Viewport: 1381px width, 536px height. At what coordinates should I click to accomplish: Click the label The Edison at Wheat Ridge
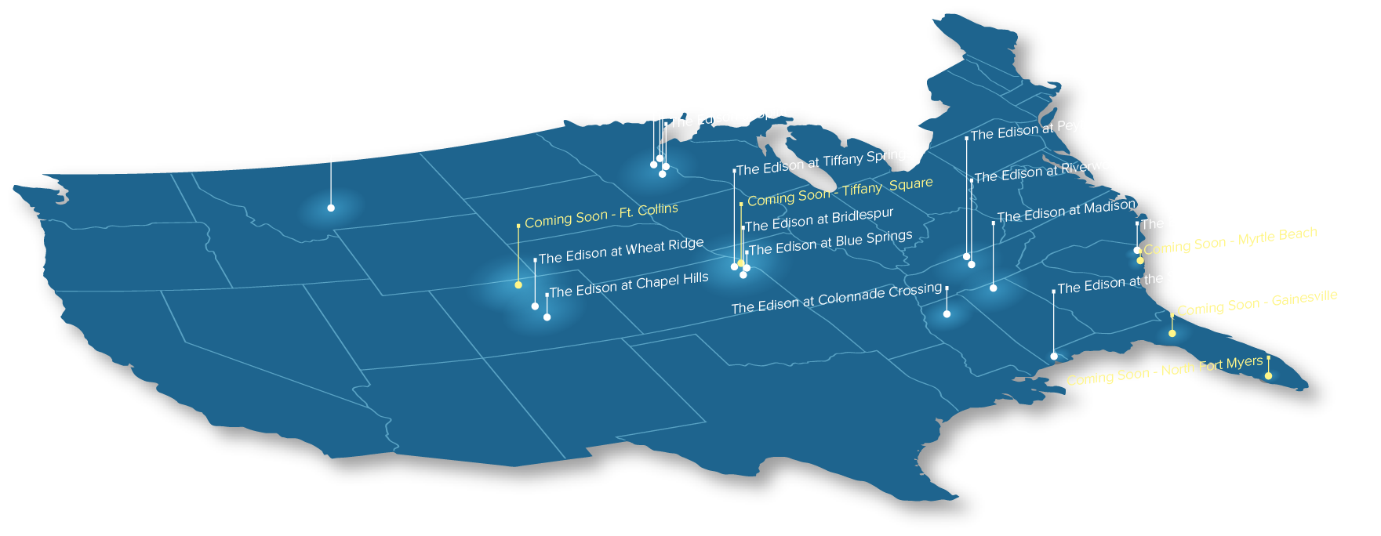[x=621, y=251]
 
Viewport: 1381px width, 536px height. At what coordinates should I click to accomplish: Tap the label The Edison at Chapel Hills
[x=629, y=285]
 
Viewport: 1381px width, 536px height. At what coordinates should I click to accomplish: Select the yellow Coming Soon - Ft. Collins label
[x=601, y=215]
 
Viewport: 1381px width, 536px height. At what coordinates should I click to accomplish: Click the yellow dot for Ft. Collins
[x=518, y=285]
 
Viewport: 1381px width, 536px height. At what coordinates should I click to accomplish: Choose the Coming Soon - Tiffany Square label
[x=840, y=192]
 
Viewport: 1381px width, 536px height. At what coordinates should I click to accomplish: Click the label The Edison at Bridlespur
[x=819, y=220]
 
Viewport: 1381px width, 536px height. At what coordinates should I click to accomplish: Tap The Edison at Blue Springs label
[x=830, y=243]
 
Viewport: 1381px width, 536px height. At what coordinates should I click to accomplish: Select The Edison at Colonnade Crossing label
[x=836, y=299]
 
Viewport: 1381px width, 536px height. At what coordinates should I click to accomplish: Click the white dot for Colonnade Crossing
[x=947, y=314]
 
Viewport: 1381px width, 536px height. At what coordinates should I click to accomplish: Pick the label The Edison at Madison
[x=1066, y=211]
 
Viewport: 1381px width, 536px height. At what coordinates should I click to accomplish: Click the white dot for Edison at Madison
[x=994, y=288]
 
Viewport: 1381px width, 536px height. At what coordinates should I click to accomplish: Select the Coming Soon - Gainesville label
[x=1257, y=303]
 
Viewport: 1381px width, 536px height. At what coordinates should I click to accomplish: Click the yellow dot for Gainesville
[x=1172, y=334]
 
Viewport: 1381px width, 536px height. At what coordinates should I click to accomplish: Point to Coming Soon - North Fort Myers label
[x=1165, y=371]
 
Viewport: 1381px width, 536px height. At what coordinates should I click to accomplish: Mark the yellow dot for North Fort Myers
[x=1269, y=376]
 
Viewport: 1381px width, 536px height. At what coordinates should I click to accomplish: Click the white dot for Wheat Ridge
[x=536, y=306]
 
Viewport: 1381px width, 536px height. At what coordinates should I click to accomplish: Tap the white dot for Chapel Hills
[x=547, y=317]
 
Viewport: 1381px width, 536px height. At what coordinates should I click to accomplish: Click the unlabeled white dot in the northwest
[x=331, y=208]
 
